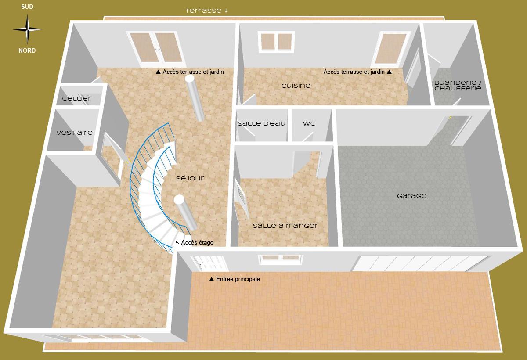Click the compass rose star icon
pos(27,29)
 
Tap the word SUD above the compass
pos(27,7)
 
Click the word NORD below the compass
pos(27,50)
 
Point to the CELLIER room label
pos(77,98)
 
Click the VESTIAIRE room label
pos(75,133)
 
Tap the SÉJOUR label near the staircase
pos(190,178)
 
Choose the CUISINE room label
pos(296,86)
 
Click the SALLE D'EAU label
pos(262,123)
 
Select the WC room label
pos(309,123)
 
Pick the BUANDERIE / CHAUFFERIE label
pos(458,85)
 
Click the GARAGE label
pos(411,196)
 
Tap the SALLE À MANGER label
pos(285,226)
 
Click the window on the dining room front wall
pos(281,259)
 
